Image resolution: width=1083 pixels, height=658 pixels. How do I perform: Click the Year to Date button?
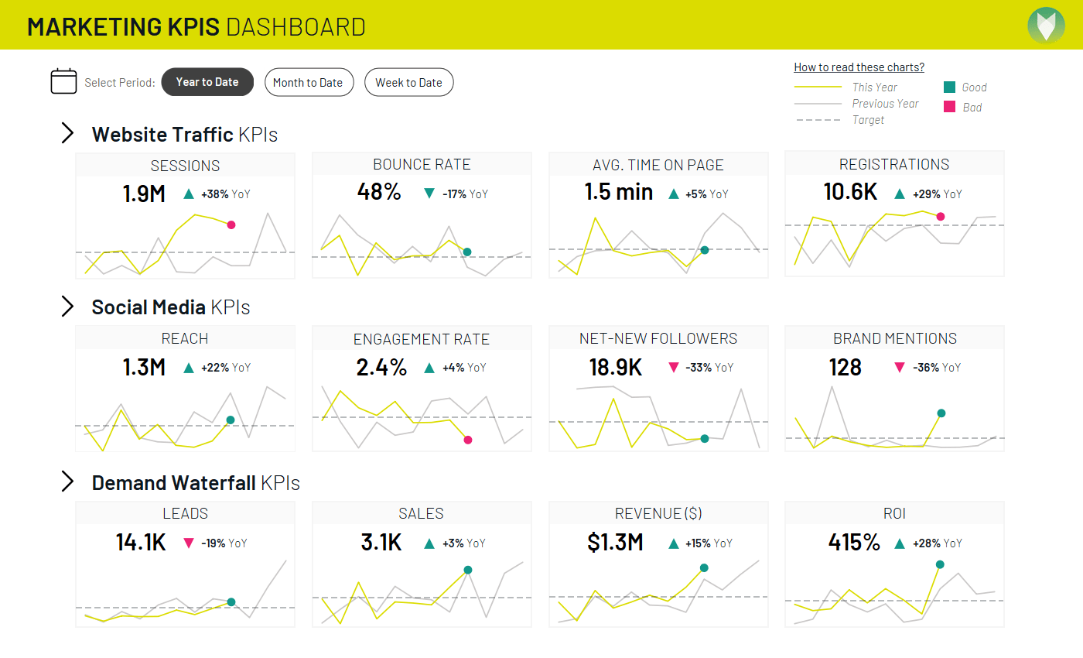click(x=207, y=82)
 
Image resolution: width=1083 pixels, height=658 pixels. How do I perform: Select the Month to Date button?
click(x=309, y=83)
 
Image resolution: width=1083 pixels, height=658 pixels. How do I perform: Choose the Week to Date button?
click(x=408, y=83)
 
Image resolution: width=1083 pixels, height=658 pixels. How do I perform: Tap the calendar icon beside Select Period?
click(x=63, y=81)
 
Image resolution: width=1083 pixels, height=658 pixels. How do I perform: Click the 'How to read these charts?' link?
click(x=859, y=67)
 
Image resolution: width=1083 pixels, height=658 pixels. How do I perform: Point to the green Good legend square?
click(x=949, y=87)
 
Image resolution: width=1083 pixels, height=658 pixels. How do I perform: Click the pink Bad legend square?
click(x=949, y=107)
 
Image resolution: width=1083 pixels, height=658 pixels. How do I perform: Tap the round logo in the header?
click(x=1046, y=24)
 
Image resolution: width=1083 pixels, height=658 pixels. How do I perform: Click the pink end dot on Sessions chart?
click(x=231, y=224)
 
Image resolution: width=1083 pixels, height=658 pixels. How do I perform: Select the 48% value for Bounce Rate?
click(x=379, y=192)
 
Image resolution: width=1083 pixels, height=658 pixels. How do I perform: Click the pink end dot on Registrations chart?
click(x=941, y=217)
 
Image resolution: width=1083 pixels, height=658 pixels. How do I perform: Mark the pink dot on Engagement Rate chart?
click(x=468, y=440)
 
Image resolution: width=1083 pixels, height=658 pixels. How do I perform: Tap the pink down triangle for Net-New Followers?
click(x=673, y=368)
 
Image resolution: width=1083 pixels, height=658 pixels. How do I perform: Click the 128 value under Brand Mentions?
click(x=845, y=367)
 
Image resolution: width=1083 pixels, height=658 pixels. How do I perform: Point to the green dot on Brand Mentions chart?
click(x=941, y=413)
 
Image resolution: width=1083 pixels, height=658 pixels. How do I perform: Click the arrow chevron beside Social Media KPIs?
click(x=67, y=307)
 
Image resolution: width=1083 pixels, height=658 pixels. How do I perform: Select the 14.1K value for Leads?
click(x=141, y=543)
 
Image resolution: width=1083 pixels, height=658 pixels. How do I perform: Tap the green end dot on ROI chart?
click(x=940, y=565)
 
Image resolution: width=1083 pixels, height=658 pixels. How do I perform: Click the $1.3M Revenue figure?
click(x=615, y=543)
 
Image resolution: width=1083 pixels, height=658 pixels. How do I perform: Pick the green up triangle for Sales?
click(x=429, y=543)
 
